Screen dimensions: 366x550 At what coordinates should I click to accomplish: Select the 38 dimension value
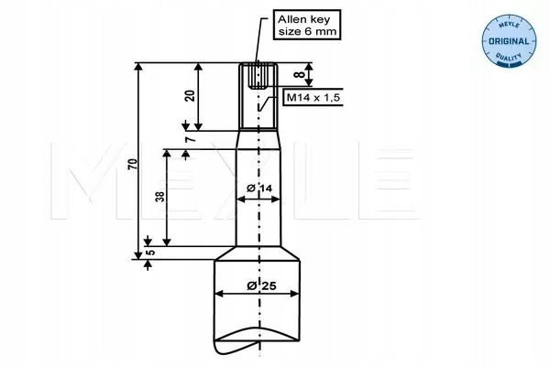(160, 195)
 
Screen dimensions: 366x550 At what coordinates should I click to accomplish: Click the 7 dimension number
(189, 139)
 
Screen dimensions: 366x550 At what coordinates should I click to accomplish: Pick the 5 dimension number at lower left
(150, 247)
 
